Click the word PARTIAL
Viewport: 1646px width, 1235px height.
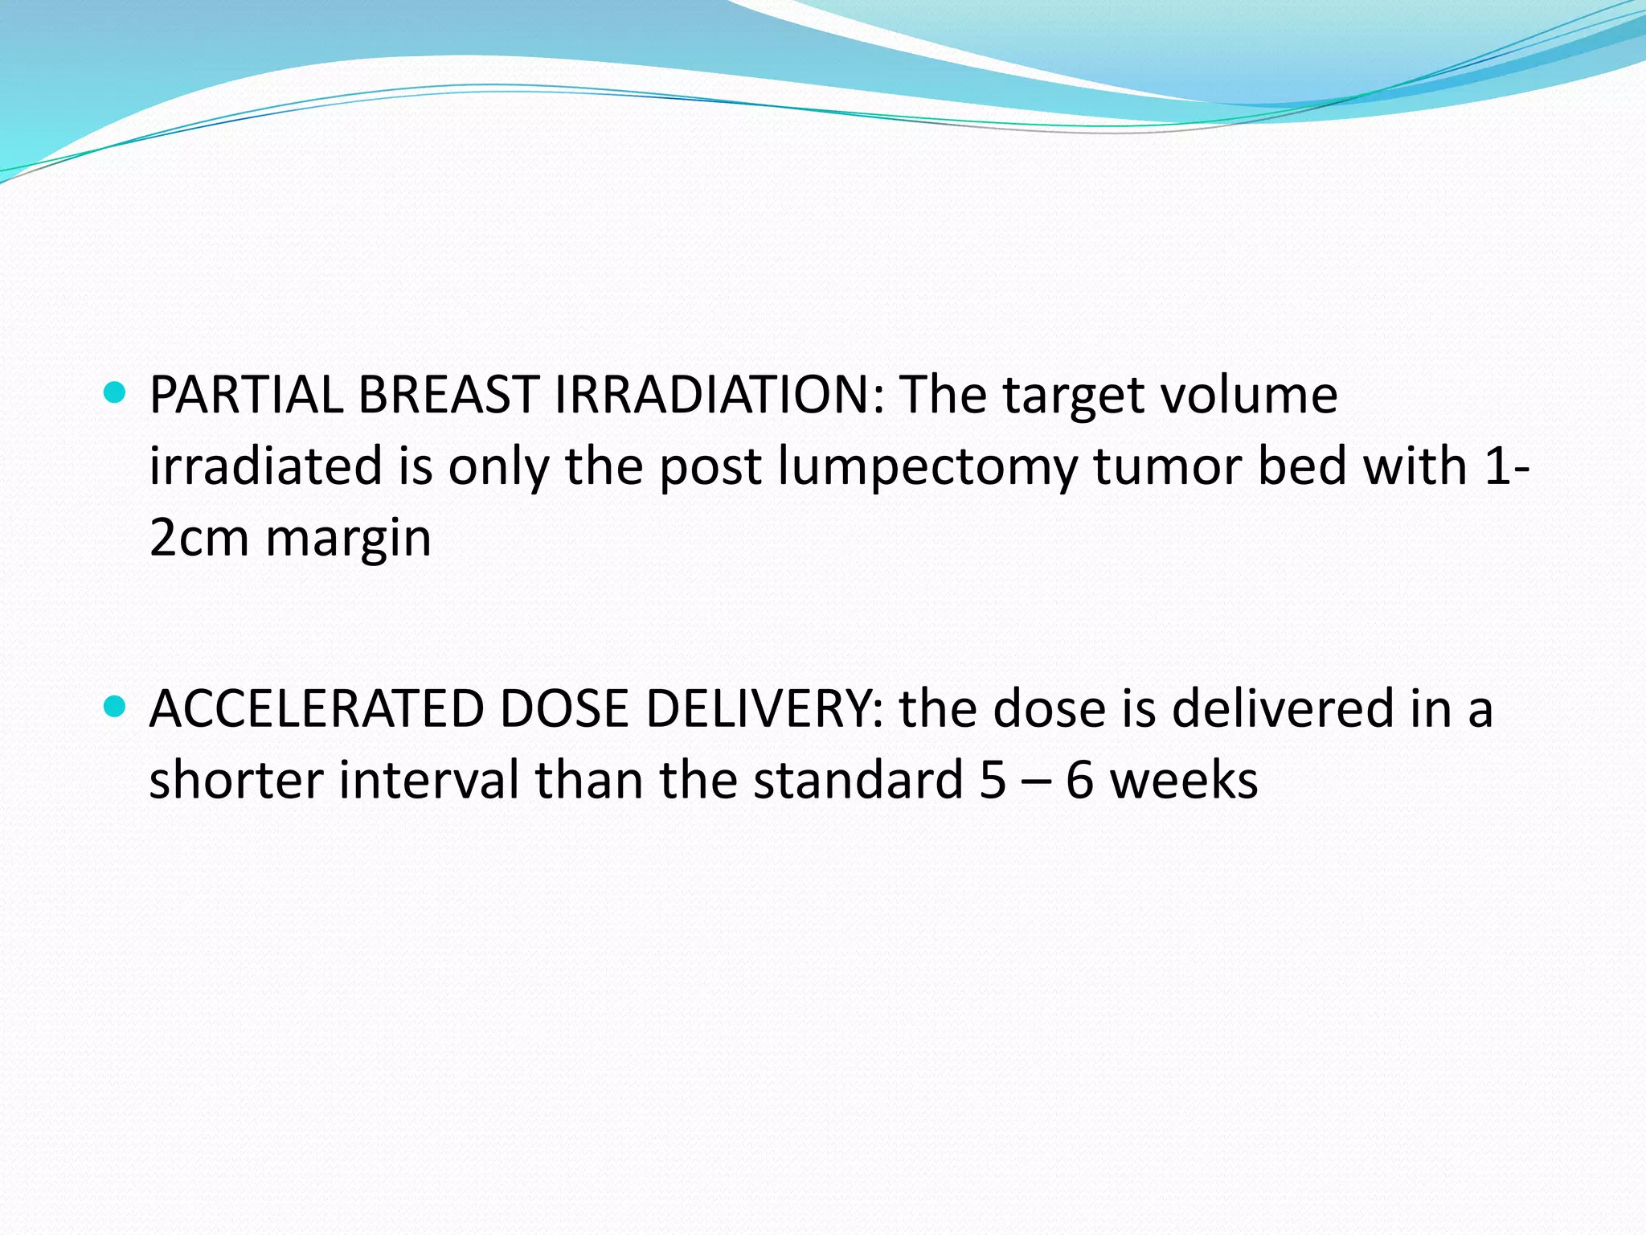pyautogui.click(x=246, y=396)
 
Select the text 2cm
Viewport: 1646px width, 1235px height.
pyautogui.click(x=199, y=539)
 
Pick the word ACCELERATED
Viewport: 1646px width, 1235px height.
pyautogui.click(x=316, y=709)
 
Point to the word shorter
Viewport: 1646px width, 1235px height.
pyautogui.click(x=235, y=781)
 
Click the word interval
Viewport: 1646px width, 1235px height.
pyautogui.click(x=428, y=781)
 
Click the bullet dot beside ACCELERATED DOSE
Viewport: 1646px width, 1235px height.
pyautogui.click(x=116, y=707)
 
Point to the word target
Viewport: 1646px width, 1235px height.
pyautogui.click(x=1063, y=397)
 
